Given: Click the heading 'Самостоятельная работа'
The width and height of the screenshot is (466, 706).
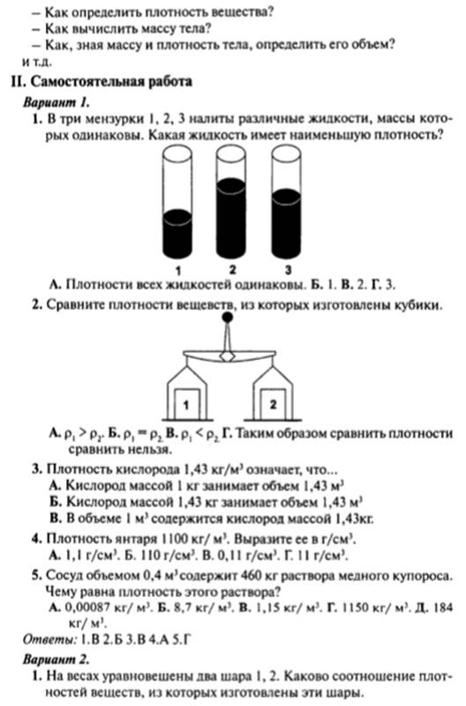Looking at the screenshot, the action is [x=111, y=81].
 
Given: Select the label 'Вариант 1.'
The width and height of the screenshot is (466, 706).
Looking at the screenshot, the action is [x=56, y=102].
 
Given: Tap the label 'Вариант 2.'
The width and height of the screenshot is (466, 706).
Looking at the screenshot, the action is [x=56, y=659].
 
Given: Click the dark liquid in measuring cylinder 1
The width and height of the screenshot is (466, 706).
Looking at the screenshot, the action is [x=177, y=234].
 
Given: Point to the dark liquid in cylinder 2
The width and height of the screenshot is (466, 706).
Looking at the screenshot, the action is [x=231, y=218].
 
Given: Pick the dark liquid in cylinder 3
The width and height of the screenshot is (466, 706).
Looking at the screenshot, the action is [x=286, y=224].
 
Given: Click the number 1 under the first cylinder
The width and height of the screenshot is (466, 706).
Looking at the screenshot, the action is [x=178, y=271].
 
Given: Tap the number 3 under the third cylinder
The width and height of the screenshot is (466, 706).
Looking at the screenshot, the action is [x=288, y=270].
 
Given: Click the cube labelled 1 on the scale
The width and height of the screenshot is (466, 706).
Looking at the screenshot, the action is [x=186, y=404].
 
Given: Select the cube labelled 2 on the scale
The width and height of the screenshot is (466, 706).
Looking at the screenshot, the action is [x=273, y=403].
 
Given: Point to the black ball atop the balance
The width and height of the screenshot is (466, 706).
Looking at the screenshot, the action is [x=229, y=318].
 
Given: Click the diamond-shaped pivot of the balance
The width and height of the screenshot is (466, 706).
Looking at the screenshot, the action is [x=229, y=357].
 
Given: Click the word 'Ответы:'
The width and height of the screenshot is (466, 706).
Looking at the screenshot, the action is [x=49, y=639].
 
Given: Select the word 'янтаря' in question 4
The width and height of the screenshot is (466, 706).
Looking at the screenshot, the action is [x=135, y=538].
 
